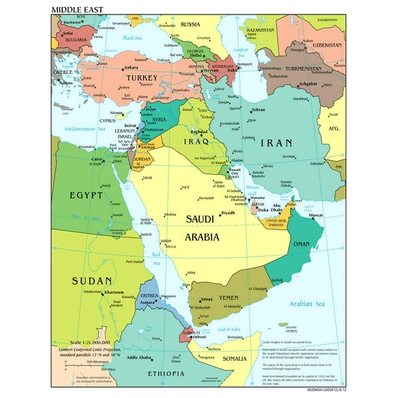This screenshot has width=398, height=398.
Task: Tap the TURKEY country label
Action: coord(138,79)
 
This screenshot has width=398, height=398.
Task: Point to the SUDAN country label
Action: coord(92,281)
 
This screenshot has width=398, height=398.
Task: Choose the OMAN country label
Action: coord(302,245)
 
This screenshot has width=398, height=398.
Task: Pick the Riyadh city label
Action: coord(228,213)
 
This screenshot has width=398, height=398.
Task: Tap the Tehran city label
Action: coord(258,110)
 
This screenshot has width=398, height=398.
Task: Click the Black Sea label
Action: coord(132,38)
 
